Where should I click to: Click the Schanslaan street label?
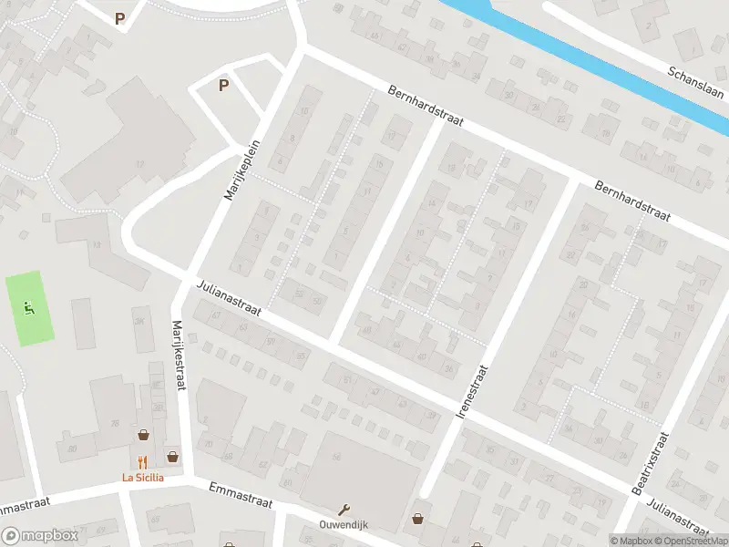pos(695,85)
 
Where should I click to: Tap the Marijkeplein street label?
pos(242,170)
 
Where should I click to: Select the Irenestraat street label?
pos(472,391)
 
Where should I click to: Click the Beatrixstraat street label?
pos(650,464)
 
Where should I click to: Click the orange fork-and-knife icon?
pos(142,462)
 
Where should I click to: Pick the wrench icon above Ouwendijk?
pos(344,510)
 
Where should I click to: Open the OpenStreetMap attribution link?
pos(688,540)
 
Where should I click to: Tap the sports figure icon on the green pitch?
pos(30,308)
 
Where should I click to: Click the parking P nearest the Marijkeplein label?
pos(223,86)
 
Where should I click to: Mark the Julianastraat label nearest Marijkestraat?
pos(229,298)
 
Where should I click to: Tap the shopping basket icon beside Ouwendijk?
pos(418,518)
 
